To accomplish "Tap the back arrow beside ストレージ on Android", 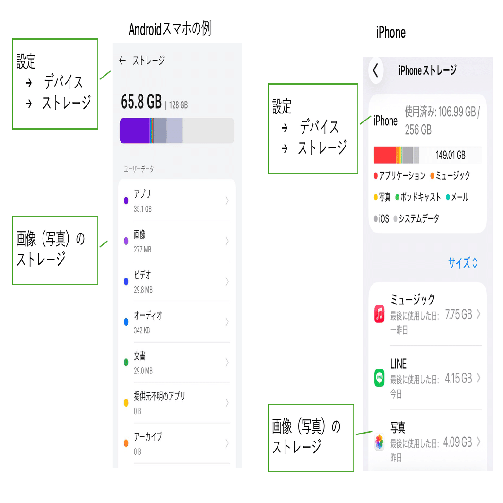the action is [x=122, y=61].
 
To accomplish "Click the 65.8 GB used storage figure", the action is [x=141, y=102].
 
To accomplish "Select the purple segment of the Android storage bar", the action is [x=134, y=130].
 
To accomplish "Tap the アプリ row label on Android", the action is [x=142, y=194].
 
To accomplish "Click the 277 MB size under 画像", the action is [x=142, y=249].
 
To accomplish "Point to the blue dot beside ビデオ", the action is [x=126, y=282].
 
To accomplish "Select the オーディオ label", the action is [x=148, y=315].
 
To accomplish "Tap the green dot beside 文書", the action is [x=126, y=363].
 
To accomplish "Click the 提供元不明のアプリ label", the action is [x=159, y=396].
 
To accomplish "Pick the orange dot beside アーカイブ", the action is [x=126, y=443].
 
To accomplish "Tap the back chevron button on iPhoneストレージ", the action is [x=376, y=71].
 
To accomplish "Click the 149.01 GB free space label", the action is [x=451, y=155].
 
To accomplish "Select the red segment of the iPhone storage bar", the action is [x=384, y=155].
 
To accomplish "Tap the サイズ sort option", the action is [x=462, y=263].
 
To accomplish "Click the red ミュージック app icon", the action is [x=379, y=314].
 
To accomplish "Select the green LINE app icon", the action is [x=379, y=378].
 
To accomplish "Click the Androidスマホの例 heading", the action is [x=170, y=30].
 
